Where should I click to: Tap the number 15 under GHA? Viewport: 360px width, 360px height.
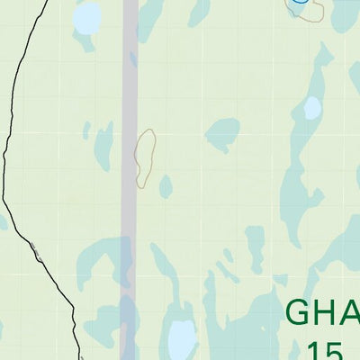click(324, 350)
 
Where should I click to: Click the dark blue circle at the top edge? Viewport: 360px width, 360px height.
click(301, 4)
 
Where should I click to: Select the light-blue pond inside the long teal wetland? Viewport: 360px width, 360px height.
click(311, 109)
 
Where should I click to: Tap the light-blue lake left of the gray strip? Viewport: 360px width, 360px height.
click(87, 17)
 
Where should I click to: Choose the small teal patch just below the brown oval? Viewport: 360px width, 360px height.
click(166, 186)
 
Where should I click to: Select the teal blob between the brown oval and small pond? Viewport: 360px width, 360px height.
click(221, 135)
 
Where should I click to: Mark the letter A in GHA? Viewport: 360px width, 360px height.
click(350, 313)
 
